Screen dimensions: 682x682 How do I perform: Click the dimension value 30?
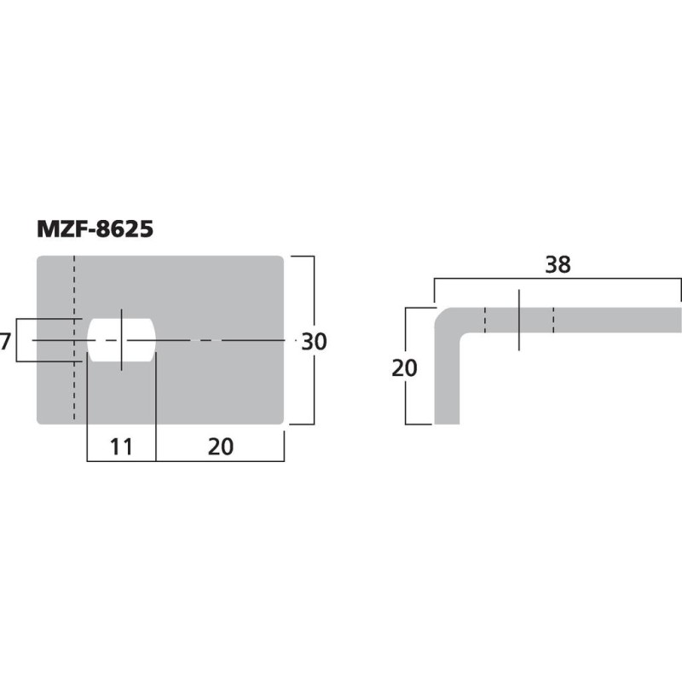point(314,341)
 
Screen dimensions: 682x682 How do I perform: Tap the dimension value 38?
point(558,264)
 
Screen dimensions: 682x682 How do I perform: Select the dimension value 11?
point(122,446)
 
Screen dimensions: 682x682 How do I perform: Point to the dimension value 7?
point(6,342)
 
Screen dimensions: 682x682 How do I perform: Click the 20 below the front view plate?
point(220,446)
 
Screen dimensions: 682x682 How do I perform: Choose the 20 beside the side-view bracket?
point(406,368)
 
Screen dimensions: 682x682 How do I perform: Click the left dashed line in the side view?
point(485,319)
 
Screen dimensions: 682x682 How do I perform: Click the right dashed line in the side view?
point(553,319)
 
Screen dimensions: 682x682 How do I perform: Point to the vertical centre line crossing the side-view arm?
point(518,319)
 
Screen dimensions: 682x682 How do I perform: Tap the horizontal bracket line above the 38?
point(558,279)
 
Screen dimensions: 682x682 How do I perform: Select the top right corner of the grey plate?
point(281,258)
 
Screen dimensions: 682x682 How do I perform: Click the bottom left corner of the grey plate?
point(39,421)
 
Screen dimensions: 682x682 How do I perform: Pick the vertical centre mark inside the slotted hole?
point(122,341)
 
